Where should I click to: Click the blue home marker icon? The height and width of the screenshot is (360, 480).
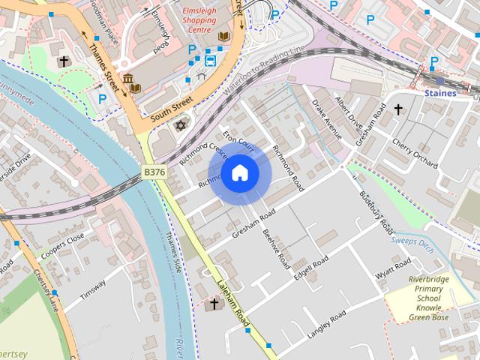(x=239, y=173)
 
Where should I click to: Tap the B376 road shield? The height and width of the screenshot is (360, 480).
(x=154, y=172)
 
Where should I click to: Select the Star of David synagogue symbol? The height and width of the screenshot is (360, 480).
(x=179, y=124)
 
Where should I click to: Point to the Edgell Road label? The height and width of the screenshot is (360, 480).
(x=310, y=268)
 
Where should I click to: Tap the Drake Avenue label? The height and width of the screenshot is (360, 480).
(x=327, y=121)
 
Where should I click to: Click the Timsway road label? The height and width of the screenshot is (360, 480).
(x=94, y=288)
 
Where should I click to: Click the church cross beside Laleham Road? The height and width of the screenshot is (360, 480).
(x=214, y=304)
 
